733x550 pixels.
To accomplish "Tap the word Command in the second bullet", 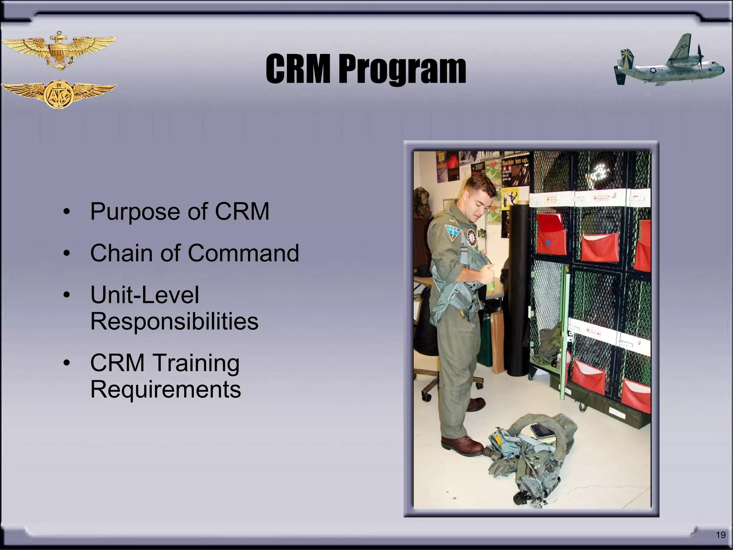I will [243, 253].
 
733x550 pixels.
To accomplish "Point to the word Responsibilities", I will [174, 321].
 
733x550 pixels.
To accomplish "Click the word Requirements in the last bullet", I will [165, 389].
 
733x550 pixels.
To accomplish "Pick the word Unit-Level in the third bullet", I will [145, 295].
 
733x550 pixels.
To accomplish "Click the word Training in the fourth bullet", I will [196, 363].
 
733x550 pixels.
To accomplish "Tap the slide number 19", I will [720, 535].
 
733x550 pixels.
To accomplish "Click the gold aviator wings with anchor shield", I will [59, 51].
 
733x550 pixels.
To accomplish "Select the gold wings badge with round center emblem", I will [59, 94].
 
